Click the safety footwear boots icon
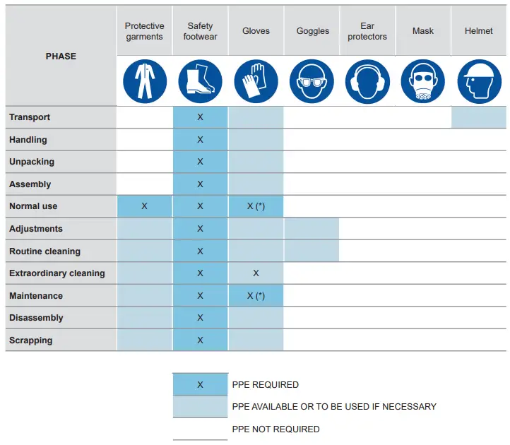[x=200, y=81]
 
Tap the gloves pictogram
[x=256, y=81]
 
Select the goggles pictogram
[x=312, y=81]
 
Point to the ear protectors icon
[x=367, y=81]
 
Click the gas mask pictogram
[x=423, y=81]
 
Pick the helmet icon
[x=479, y=81]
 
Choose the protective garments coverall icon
[x=145, y=81]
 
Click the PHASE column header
[x=61, y=56]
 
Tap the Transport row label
[x=30, y=117]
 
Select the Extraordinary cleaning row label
[x=57, y=273]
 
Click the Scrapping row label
[x=31, y=340]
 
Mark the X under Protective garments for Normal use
[x=144, y=206]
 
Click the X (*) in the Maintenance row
[x=256, y=296]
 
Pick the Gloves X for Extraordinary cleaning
[x=256, y=273]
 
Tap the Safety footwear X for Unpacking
[x=200, y=162]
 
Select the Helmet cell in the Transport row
[x=479, y=117]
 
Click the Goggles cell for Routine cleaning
[x=312, y=251]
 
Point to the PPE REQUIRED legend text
[x=265, y=385]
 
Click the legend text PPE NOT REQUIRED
[x=275, y=429]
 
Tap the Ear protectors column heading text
[x=367, y=31]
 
